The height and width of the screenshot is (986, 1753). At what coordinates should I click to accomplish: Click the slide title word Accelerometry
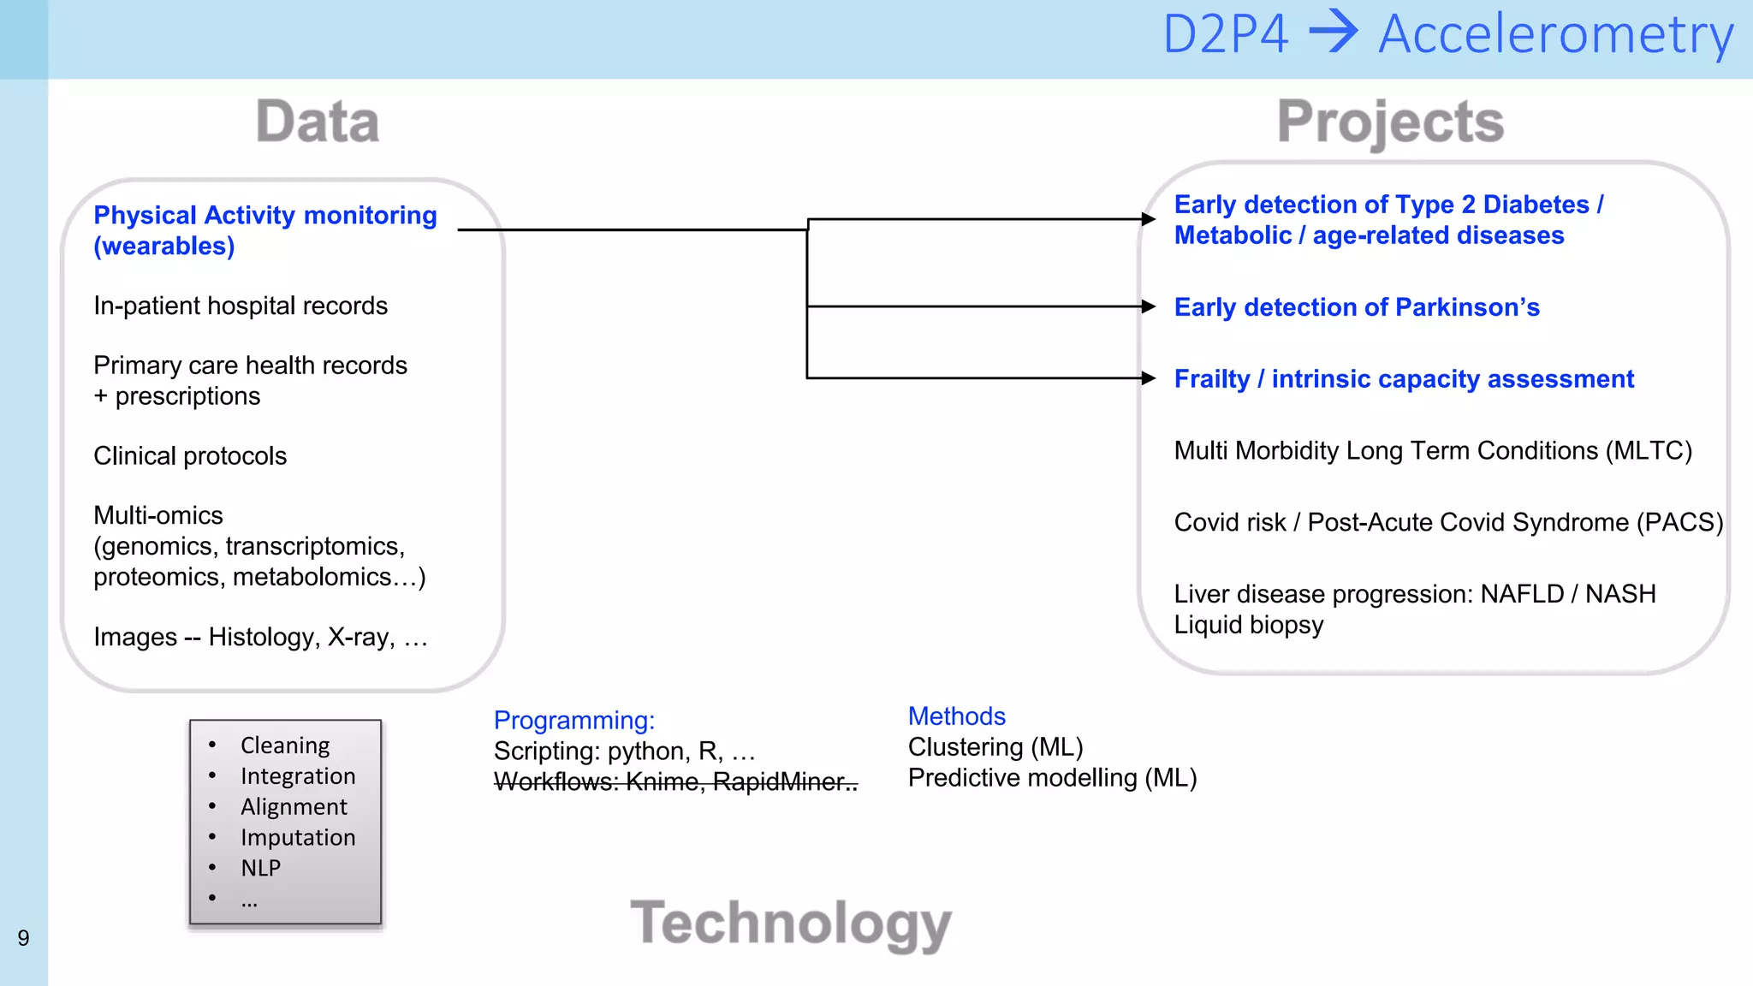1555,36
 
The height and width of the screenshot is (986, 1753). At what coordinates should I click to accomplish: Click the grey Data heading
318,122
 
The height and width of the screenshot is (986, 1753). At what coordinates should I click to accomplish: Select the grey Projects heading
1390,122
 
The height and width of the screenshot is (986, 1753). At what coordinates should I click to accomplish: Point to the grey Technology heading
791,924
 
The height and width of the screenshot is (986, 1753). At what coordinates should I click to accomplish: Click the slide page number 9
23,938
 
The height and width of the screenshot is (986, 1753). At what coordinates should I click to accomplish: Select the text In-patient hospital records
241,306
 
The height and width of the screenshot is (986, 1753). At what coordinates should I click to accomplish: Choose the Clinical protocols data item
190,456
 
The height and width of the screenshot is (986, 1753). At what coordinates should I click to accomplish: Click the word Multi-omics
158,515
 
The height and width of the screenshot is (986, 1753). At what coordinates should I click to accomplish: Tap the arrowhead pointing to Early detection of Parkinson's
1149,306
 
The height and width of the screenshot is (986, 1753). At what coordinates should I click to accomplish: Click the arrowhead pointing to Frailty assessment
1149,378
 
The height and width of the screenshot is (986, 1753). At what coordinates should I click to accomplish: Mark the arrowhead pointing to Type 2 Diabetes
1149,219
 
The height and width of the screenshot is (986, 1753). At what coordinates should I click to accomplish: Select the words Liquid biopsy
1248,625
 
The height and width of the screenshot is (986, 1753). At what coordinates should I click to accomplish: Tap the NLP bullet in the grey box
260,868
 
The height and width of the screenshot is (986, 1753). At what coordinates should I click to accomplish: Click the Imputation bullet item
298,837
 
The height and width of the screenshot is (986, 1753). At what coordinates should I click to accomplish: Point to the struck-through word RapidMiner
780,781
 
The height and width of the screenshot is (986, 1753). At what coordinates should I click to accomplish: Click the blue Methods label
956,716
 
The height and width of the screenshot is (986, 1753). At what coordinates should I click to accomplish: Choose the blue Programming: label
574,721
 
